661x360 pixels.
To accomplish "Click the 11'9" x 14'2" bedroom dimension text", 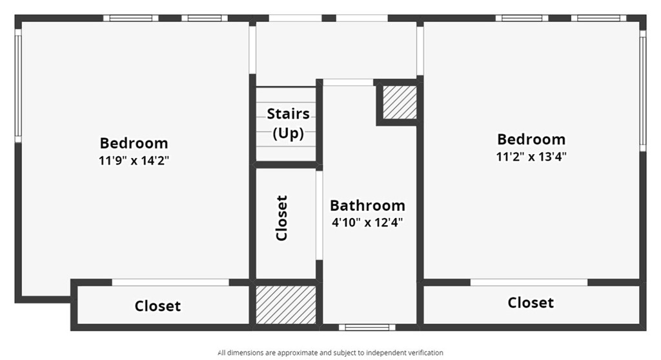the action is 134,161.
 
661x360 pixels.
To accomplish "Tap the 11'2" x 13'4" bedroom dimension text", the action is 531,157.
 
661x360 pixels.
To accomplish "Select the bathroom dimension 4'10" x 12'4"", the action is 367,222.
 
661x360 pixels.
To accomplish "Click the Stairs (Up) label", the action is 289,123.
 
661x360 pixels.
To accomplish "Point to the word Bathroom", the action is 367,205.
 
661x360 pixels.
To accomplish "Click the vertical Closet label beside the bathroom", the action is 281,218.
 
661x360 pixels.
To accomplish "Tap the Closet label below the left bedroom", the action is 158,306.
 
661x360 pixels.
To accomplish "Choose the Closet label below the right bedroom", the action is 531,303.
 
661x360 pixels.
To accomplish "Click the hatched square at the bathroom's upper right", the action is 400,103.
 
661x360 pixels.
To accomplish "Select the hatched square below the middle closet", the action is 286,305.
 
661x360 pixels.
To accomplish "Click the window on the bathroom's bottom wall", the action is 367,327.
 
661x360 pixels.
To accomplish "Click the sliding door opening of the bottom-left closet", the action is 170,283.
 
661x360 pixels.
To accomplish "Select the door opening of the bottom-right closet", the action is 529,283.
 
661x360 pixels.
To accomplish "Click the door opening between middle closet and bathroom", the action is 319,215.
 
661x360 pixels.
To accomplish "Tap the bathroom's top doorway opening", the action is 348,83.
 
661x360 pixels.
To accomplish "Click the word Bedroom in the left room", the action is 134,143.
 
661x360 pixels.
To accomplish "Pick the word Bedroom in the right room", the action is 531,139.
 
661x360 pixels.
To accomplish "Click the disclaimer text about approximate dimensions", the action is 330,353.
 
